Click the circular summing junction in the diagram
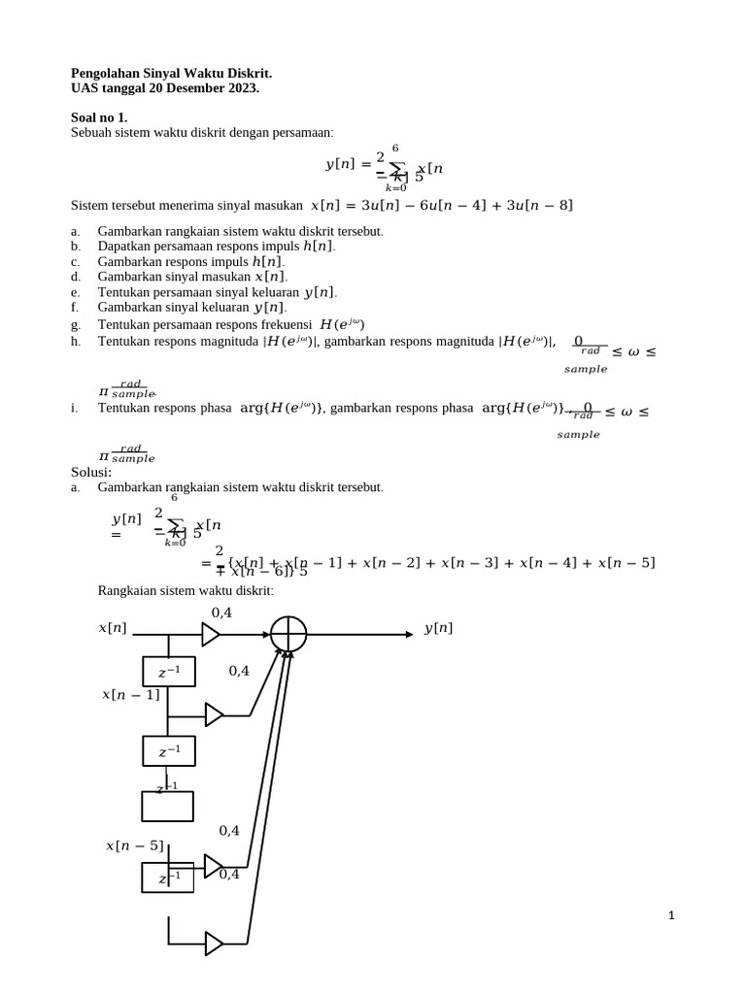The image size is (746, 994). click(288, 635)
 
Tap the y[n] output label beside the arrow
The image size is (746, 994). click(438, 628)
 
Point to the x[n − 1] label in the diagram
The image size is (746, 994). click(130, 694)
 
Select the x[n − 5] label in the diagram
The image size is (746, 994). click(134, 845)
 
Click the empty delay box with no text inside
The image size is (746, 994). click(167, 807)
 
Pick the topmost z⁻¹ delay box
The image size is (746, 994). click(168, 672)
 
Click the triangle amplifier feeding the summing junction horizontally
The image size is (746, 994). click(211, 635)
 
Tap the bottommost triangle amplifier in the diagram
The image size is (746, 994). click(214, 943)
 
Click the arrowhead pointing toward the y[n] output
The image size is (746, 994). click(409, 635)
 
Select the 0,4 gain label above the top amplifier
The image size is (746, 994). click(221, 612)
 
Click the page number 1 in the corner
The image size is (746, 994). click(670, 915)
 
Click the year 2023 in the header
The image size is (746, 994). click(240, 88)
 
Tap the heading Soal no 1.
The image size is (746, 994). click(99, 117)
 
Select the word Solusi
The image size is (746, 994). click(91, 472)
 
